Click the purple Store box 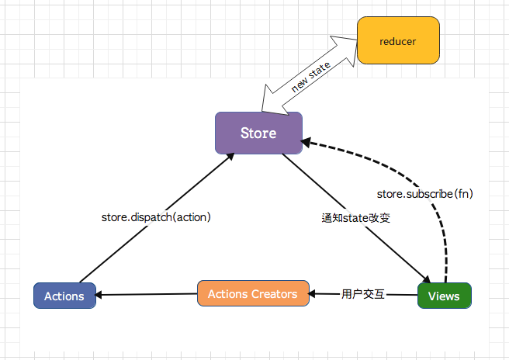258,133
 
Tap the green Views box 445,296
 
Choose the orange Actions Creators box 253,294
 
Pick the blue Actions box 64,296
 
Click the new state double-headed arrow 310,75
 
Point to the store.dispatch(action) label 157,217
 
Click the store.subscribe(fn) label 424,192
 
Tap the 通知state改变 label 355,218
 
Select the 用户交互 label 363,295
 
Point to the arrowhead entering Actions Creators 313,294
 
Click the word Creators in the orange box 275,294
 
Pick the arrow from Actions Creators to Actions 147,294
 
